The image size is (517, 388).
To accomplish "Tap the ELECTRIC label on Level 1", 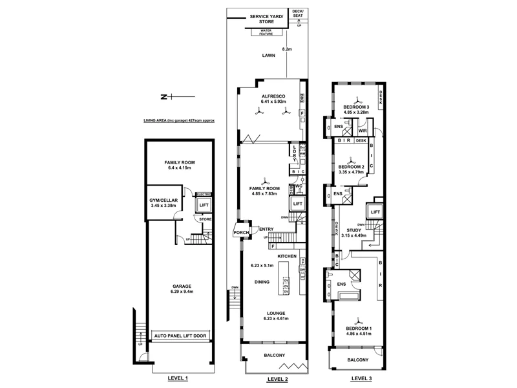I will pyautogui.click(x=204, y=193).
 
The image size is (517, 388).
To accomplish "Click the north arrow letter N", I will pyautogui.click(x=164, y=97).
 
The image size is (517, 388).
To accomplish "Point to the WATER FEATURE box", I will pyautogui.click(x=266, y=32).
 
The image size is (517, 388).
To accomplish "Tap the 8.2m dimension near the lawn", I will pyautogui.click(x=287, y=48).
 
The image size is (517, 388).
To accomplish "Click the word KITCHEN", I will pyautogui.click(x=287, y=257).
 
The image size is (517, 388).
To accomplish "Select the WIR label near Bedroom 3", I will pyautogui.click(x=363, y=130).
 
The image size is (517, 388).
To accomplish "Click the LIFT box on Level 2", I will pyautogui.click(x=297, y=204).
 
